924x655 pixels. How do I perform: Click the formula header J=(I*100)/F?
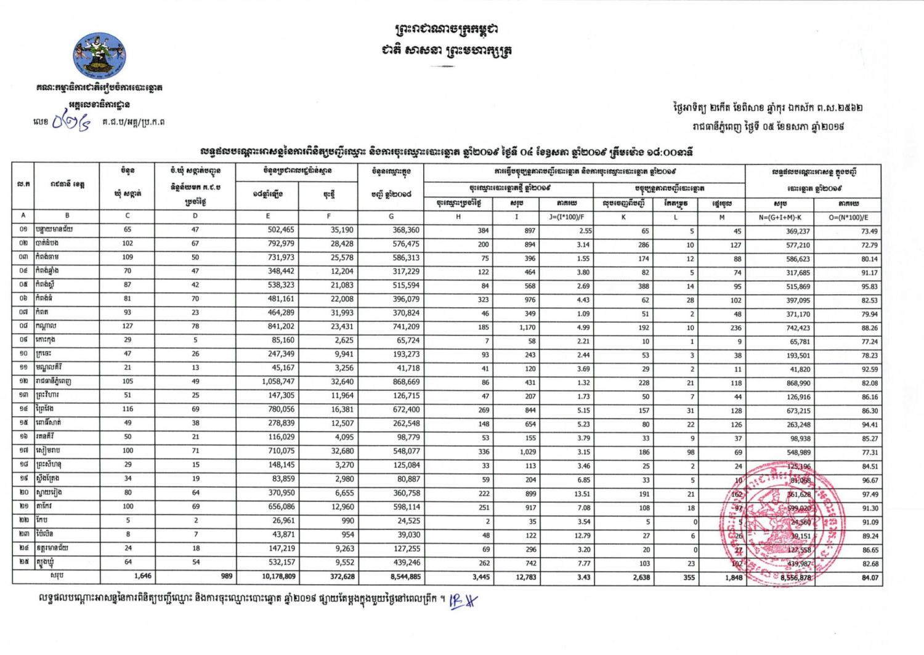(566, 217)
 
